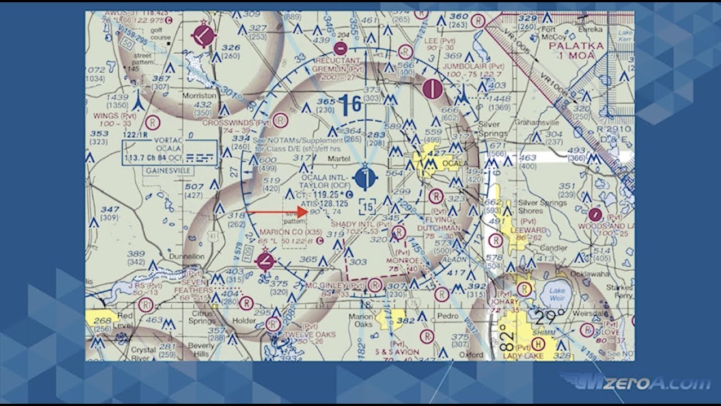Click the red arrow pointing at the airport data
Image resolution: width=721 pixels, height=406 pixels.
[276, 212]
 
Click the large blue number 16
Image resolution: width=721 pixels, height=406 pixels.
[350, 105]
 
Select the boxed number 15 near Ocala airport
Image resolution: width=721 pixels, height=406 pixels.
[368, 207]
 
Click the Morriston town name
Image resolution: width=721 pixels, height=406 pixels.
[198, 96]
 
